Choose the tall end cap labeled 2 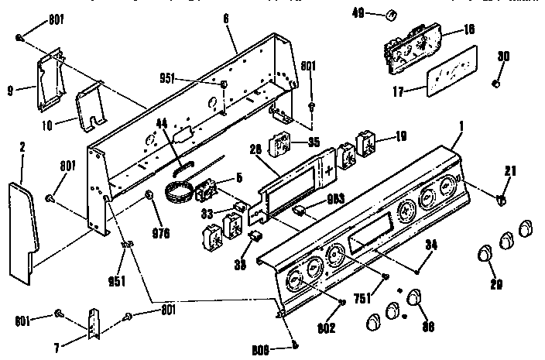(x=24, y=227)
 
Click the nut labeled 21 (x=501, y=201)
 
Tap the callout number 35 (x=313, y=142)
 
